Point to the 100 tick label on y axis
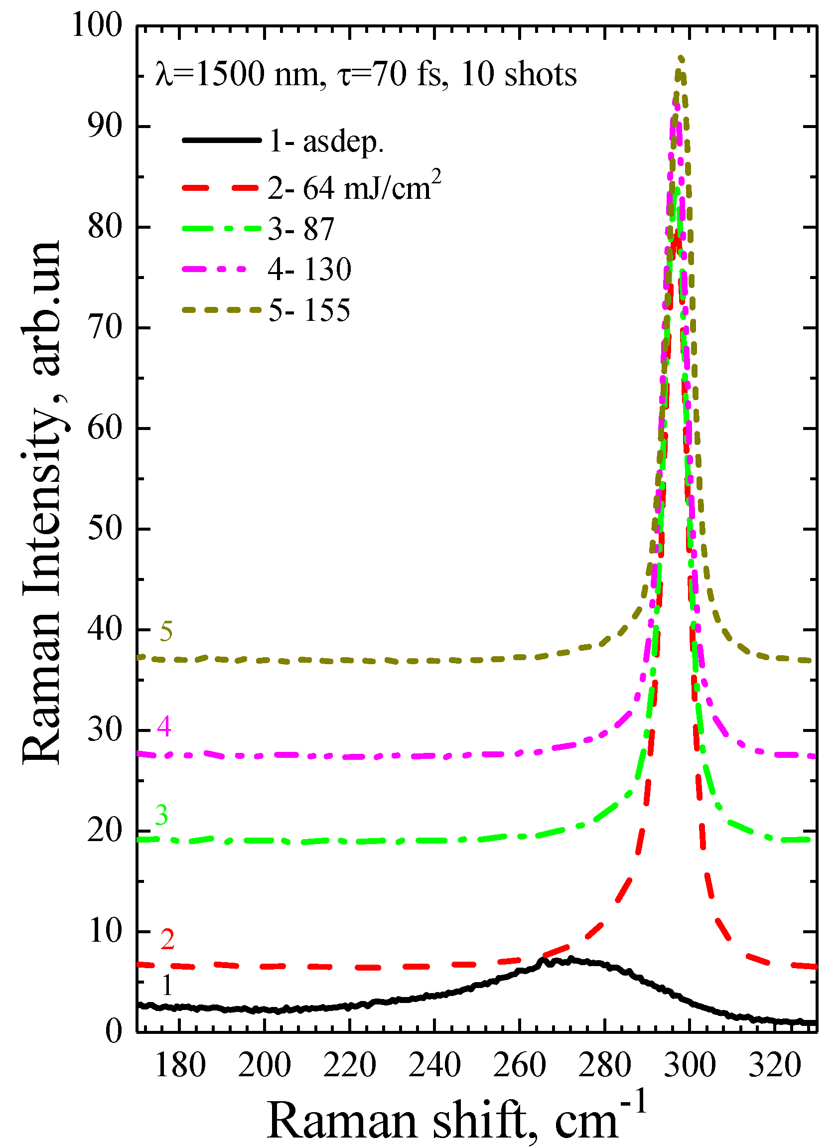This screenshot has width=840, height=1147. [97, 24]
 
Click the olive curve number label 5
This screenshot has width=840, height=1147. [166, 631]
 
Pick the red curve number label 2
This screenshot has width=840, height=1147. [168, 939]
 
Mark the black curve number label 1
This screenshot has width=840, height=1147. [167, 986]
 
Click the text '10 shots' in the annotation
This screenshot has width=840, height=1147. [519, 74]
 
